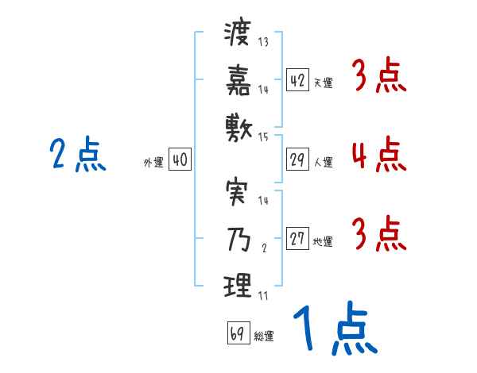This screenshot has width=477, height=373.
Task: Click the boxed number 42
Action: pos(297,79)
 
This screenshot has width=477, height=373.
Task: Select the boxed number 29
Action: pos(297,160)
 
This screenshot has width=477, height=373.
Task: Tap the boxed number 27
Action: pos(297,239)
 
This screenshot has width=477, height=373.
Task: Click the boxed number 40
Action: pos(180,160)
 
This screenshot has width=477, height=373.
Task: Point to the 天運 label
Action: pos(323,83)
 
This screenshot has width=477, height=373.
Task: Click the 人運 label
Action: pos(323,163)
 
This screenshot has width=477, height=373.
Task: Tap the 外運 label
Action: pos(153,163)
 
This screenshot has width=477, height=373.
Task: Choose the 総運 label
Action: pos(263,336)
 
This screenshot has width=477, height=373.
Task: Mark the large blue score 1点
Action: pos(334,329)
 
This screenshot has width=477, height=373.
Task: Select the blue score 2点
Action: pos(77,154)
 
